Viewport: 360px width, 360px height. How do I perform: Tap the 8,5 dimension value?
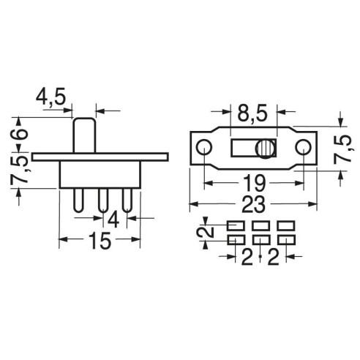click(x=252, y=113)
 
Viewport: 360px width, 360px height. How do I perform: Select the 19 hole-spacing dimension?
click(x=254, y=183)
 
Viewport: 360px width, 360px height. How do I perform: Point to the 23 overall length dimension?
click(x=253, y=204)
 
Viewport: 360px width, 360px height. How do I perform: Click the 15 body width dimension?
click(x=100, y=241)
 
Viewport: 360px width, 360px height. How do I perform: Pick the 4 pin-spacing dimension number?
click(x=113, y=220)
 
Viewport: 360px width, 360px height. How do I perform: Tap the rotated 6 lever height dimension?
click(x=19, y=134)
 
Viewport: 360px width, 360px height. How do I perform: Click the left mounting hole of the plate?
click(x=204, y=147)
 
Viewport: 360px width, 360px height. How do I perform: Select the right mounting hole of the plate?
click(x=303, y=147)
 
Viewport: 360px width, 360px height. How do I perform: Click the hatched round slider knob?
click(x=265, y=149)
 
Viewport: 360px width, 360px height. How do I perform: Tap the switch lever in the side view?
click(x=84, y=135)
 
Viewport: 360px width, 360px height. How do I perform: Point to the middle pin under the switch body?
click(x=103, y=200)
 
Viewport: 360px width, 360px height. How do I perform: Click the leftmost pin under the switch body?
click(x=78, y=200)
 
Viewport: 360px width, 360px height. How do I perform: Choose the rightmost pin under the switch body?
click(x=127, y=200)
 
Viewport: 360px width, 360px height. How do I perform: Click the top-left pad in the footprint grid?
click(x=236, y=225)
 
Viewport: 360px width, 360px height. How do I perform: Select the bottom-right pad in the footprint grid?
click(x=286, y=240)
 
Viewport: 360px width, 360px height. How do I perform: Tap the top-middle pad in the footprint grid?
click(x=260, y=225)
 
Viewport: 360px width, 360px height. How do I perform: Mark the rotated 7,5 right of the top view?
click(x=342, y=149)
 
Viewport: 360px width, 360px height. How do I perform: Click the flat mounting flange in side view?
click(x=100, y=157)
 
